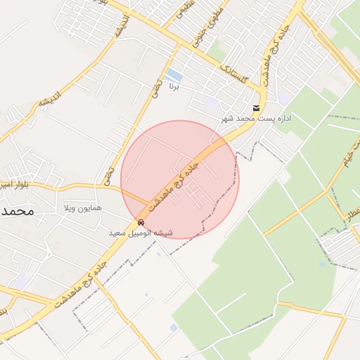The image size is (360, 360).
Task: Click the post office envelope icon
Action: pos(255,108)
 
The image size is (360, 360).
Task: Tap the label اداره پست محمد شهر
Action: pos(256,119)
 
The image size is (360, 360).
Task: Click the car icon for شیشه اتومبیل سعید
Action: pos(141,222)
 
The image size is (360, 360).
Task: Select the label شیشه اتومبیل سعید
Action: pos(141,232)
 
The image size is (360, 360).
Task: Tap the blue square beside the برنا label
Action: pos(174,75)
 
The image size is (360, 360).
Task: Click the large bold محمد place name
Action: pos(17,211)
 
